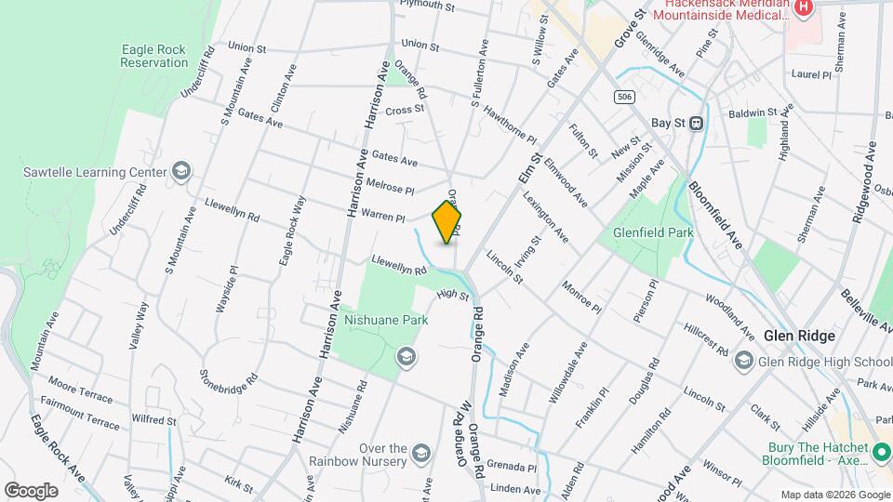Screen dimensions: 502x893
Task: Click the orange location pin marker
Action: [447, 222]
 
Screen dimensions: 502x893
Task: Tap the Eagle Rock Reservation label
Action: [154, 57]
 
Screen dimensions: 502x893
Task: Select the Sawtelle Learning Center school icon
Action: [181, 171]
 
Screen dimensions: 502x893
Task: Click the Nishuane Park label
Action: [386, 319]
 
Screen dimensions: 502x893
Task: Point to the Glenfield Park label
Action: [653, 233]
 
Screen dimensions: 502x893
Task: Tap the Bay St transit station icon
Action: [695, 123]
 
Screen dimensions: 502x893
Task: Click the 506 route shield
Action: [623, 97]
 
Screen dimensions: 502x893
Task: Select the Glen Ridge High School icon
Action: [743, 361]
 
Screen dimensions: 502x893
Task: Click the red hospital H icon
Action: [805, 8]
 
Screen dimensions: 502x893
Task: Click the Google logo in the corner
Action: [31, 490]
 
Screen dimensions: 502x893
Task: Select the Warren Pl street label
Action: [383, 216]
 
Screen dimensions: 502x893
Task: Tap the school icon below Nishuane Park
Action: [406, 356]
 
